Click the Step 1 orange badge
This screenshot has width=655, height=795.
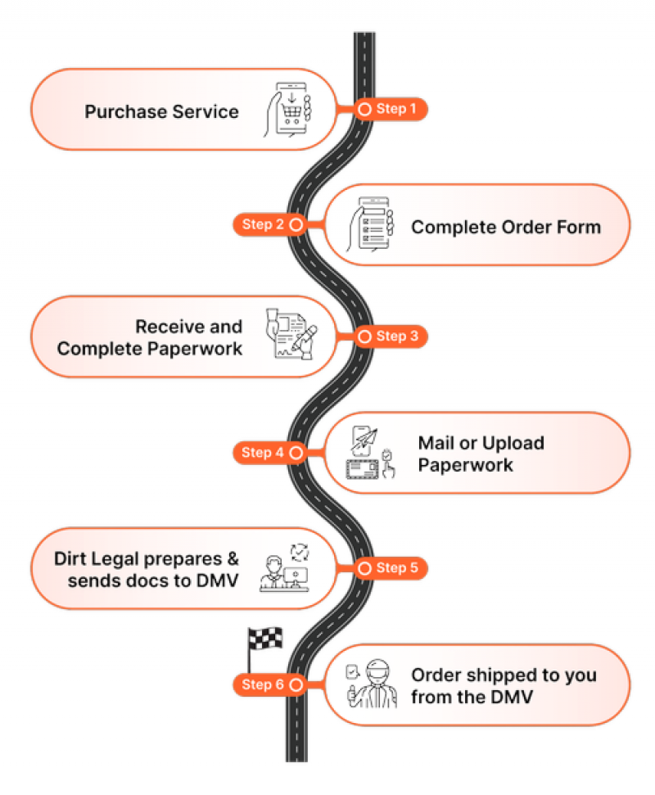click(x=391, y=109)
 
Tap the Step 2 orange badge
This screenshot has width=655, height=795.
click(x=268, y=224)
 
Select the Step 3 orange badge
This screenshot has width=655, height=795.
click(x=391, y=337)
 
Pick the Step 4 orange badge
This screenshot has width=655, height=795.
click(x=268, y=452)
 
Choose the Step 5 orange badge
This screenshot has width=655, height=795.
click(x=391, y=567)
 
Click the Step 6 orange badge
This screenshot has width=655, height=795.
click(x=268, y=684)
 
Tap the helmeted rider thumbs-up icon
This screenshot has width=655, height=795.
click(x=370, y=684)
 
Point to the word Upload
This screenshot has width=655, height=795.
click(x=513, y=444)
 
